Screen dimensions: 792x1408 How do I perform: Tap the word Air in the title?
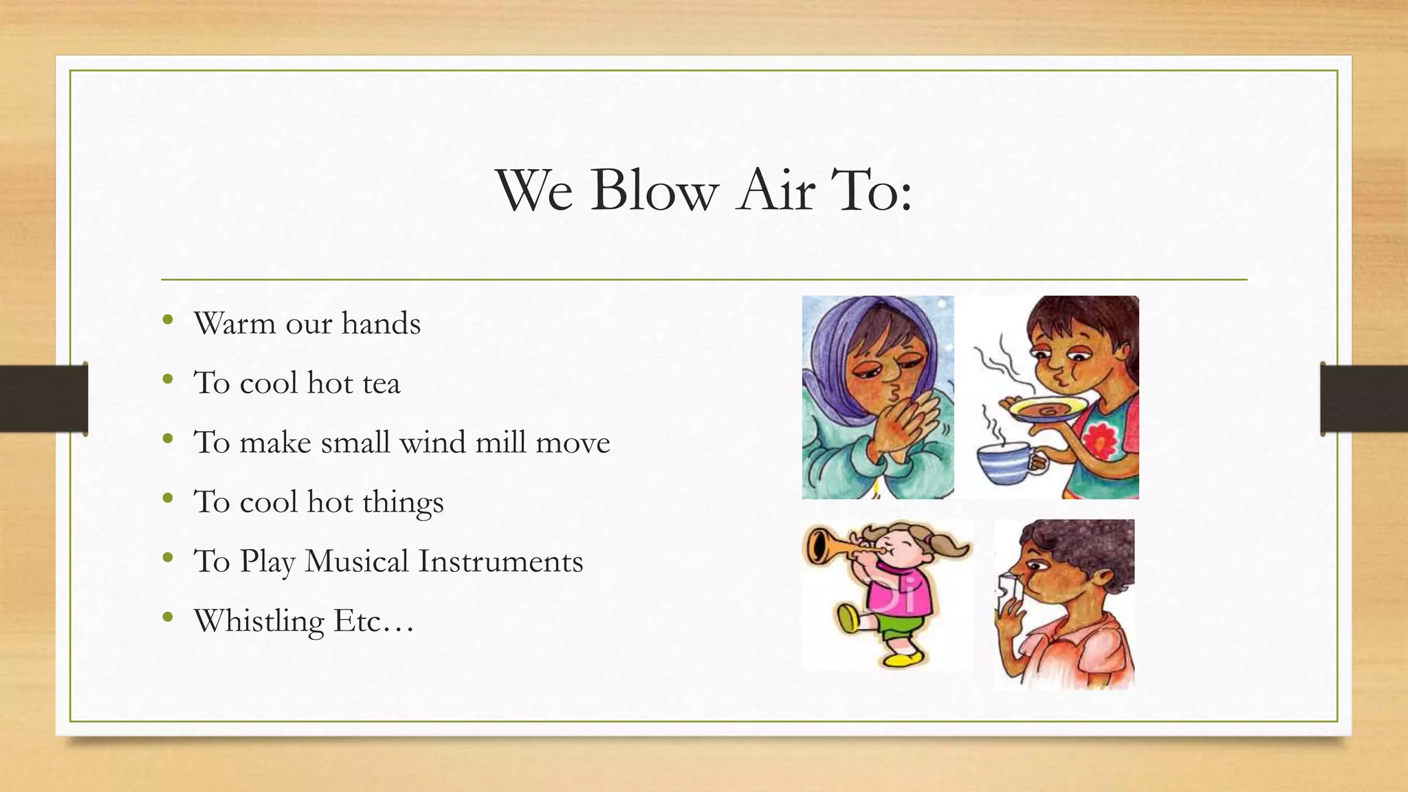pos(776,190)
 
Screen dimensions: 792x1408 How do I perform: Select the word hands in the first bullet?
pos(381,324)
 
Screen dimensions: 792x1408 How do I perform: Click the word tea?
pos(376,384)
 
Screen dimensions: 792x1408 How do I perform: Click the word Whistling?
pos(259,621)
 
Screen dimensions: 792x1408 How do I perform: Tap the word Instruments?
pos(500,562)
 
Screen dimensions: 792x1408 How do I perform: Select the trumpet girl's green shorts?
pos(901,626)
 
